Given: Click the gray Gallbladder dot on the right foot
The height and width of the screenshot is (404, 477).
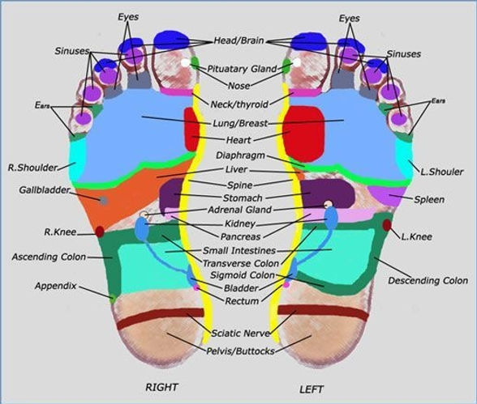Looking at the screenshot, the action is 104,200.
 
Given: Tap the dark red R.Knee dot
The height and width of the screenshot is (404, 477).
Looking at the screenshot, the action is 100,232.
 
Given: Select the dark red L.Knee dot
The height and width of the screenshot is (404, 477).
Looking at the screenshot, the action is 387,225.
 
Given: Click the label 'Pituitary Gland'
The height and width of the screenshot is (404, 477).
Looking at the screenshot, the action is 242,69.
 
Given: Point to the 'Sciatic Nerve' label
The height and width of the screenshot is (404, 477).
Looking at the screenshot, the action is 240,334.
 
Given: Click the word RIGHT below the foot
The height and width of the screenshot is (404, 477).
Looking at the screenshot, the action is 161,387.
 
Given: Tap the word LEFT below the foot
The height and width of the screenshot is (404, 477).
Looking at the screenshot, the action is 312,389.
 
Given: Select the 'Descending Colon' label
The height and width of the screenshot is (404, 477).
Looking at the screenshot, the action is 428,280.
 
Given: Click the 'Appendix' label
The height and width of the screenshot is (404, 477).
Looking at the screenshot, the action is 56,286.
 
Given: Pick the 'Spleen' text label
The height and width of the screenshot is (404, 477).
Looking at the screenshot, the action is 429,199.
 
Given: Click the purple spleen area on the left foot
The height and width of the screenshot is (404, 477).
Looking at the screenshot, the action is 388,195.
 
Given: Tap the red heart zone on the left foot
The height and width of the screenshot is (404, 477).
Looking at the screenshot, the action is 304,134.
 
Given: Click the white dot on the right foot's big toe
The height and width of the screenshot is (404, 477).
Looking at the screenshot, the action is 185,63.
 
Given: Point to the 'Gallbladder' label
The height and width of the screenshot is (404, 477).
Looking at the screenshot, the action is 45,190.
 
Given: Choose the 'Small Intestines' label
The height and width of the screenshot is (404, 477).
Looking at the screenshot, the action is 239,251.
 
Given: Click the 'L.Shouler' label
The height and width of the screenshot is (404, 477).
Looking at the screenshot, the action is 441,172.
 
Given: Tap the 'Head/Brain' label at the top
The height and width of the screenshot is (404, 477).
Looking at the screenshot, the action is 238,40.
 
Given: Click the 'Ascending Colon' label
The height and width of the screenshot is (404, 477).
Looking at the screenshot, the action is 49,257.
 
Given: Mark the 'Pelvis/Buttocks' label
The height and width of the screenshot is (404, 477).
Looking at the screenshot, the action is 240,351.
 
